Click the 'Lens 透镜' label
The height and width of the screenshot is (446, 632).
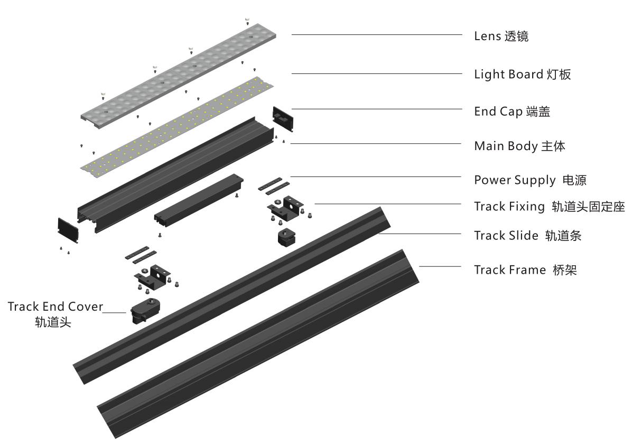pos(501,36)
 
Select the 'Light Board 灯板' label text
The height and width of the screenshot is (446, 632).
pos(522,75)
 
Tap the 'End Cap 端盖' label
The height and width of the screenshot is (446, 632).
pos(512,111)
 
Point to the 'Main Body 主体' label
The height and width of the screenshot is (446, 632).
pos(519,146)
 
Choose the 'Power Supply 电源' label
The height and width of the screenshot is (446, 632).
pos(530,180)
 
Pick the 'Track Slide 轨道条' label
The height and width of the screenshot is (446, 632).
pos(527,236)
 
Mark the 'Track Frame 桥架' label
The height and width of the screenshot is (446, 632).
pos(525,270)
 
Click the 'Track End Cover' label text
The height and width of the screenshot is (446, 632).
pos(55,306)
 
